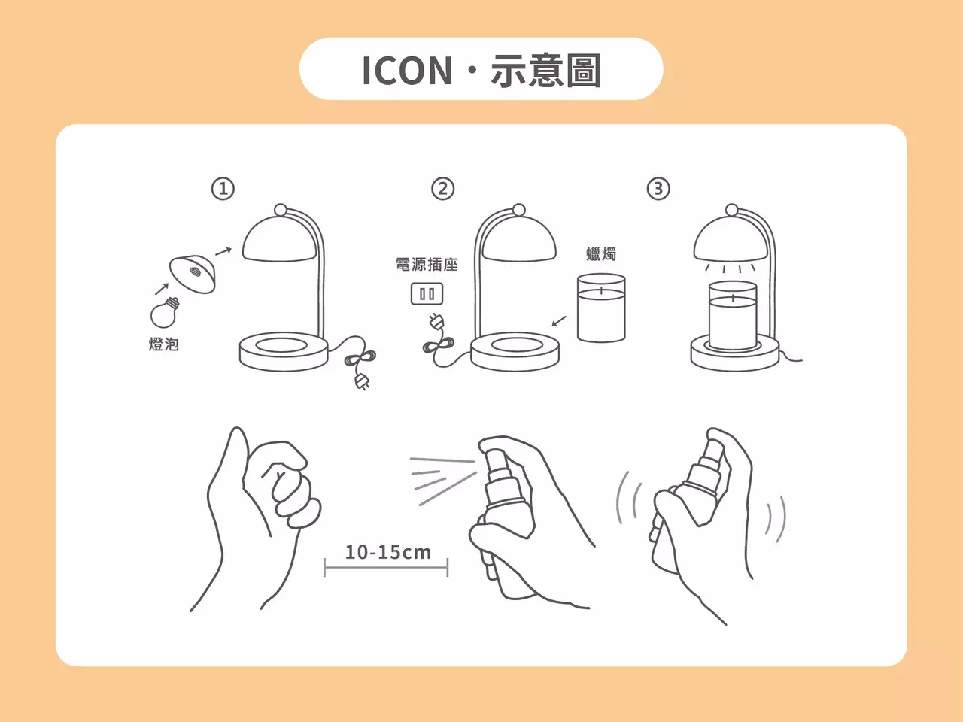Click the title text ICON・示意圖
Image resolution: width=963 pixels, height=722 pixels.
[x=481, y=70]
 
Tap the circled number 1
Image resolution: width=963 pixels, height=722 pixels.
[x=223, y=188]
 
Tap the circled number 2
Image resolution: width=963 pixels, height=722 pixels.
[x=442, y=188]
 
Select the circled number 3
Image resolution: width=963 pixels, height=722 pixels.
[x=658, y=188]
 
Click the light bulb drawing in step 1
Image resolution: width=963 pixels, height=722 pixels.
[x=165, y=313]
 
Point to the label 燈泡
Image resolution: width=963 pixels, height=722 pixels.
[x=163, y=344]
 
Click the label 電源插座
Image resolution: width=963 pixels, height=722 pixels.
[x=427, y=265]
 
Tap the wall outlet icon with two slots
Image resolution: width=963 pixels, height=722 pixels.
[x=427, y=293]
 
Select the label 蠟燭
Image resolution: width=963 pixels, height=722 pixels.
[x=601, y=254]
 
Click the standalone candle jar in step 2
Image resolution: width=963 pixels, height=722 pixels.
[x=601, y=308]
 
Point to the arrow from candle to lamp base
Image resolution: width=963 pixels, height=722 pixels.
[x=559, y=321]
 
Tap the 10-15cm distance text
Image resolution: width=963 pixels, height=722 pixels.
[x=387, y=552]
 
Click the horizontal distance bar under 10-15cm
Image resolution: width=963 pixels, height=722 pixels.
[x=386, y=567]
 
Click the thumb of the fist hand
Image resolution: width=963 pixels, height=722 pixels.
[x=232, y=459]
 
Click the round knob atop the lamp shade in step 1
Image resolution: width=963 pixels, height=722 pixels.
[x=281, y=210]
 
